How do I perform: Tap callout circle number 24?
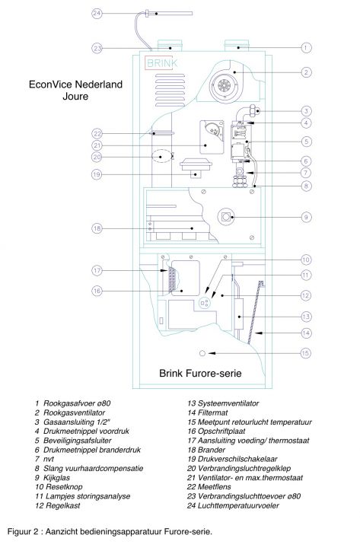tap(97, 14)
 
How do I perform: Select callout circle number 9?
tap(306, 217)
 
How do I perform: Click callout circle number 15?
tap(306, 353)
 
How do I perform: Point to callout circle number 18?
tap(97, 228)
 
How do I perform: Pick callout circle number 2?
tap(306, 72)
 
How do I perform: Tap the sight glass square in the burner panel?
tap(226, 217)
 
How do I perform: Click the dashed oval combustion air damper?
tap(161, 156)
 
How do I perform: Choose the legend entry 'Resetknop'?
tap(59, 487)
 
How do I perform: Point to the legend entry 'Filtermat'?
tap(208, 412)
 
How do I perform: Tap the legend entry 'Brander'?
tap(206, 450)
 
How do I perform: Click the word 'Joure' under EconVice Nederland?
tap(75, 97)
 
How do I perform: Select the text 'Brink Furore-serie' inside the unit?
tap(200, 373)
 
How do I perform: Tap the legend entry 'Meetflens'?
tap(209, 487)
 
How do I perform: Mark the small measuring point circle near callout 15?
tap(202, 353)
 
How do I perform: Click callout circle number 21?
tap(97, 145)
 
